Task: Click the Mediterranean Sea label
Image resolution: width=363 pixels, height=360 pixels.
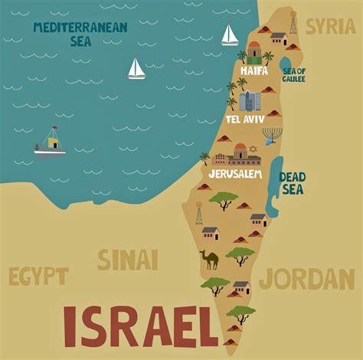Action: [x=80, y=33]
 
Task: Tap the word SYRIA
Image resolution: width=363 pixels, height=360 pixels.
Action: [x=330, y=26]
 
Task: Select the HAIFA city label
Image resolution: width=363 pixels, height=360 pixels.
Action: [x=254, y=70]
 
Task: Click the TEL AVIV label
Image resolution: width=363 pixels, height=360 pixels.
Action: [x=244, y=120]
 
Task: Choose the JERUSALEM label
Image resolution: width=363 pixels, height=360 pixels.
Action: [x=235, y=174]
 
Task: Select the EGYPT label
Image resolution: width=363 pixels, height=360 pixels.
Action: [x=38, y=276]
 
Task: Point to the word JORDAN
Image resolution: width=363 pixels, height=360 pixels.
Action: [x=306, y=278]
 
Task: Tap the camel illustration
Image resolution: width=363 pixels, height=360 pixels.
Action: [x=208, y=260]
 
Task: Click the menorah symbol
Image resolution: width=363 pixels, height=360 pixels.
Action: [x=271, y=136]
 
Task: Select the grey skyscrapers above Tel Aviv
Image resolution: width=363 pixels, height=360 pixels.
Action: [x=250, y=101]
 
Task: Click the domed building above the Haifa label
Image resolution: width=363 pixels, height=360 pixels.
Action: [x=254, y=51]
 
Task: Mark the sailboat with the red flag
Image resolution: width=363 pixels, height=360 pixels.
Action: [x=229, y=34]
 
